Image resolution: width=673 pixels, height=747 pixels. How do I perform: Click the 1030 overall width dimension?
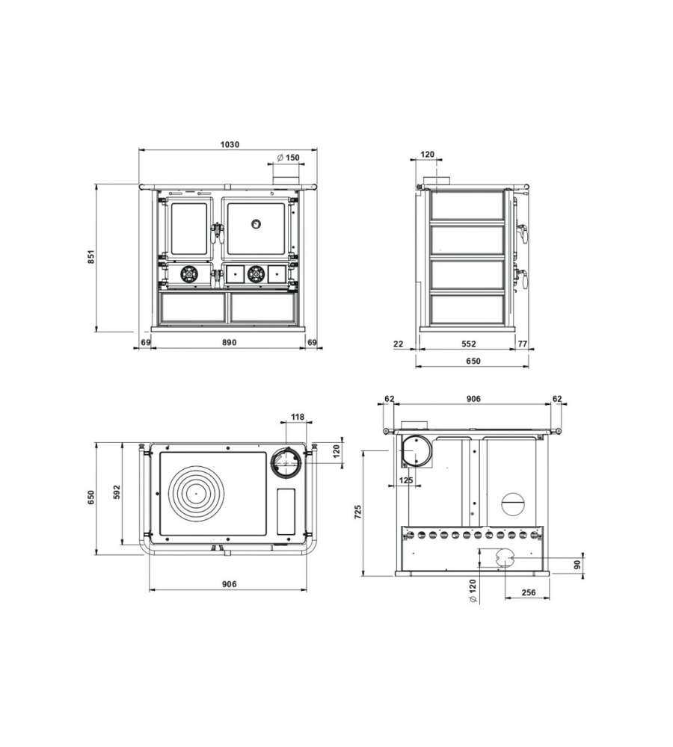point(230,144)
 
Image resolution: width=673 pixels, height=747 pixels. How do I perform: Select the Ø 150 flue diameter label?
point(288,157)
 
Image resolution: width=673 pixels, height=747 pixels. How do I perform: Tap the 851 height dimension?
point(91,257)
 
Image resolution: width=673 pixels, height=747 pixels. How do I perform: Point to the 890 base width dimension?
point(230,342)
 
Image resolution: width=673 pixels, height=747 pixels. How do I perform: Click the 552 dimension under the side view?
point(469,343)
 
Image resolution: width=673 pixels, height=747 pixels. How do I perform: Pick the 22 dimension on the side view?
point(399,343)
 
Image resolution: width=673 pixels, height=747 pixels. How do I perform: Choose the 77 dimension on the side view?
point(522,343)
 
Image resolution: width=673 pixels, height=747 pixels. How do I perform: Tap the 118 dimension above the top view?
point(298,417)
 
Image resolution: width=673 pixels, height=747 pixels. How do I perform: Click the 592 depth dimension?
point(117,492)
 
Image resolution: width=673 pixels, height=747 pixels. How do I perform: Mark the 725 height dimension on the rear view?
point(358,512)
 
